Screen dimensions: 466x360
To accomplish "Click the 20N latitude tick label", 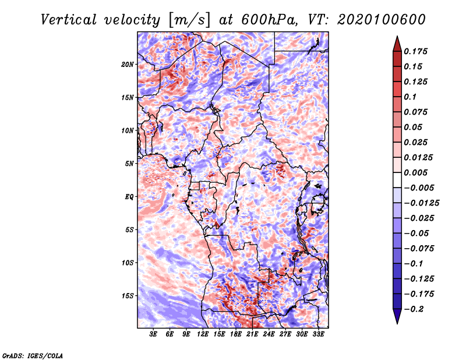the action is click(x=128, y=65).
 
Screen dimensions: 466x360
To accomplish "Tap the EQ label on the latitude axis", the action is click(x=129, y=197).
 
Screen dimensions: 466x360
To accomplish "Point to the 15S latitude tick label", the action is click(x=128, y=296).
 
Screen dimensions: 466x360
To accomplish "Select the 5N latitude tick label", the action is click(x=129, y=164).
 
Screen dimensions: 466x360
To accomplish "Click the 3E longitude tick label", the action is click(x=153, y=334).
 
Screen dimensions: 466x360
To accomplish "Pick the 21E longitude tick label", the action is click(x=252, y=334).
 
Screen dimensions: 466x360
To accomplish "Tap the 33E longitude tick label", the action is click(x=318, y=334).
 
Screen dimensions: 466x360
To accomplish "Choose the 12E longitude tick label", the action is click(x=203, y=334).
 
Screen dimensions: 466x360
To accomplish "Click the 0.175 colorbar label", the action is click(x=415, y=51).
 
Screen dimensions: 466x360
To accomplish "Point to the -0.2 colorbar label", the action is click(x=414, y=309).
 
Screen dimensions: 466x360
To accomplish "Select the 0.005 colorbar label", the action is click(x=415, y=172).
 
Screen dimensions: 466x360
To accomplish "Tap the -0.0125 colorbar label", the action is click(x=421, y=203).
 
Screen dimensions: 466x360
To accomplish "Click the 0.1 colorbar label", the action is click(x=410, y=97).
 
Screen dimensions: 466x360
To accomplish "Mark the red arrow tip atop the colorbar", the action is click(x=397, y=36).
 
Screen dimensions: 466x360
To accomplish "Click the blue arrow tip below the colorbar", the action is click(x=397, y=323).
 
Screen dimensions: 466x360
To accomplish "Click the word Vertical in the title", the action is click(x=69, y=20).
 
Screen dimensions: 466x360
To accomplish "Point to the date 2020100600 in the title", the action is click(x=382, y=20).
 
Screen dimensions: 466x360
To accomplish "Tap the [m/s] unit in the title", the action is click(x=189, y=20).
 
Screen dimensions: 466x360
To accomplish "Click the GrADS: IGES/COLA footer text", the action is click(x=33, y=355).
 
